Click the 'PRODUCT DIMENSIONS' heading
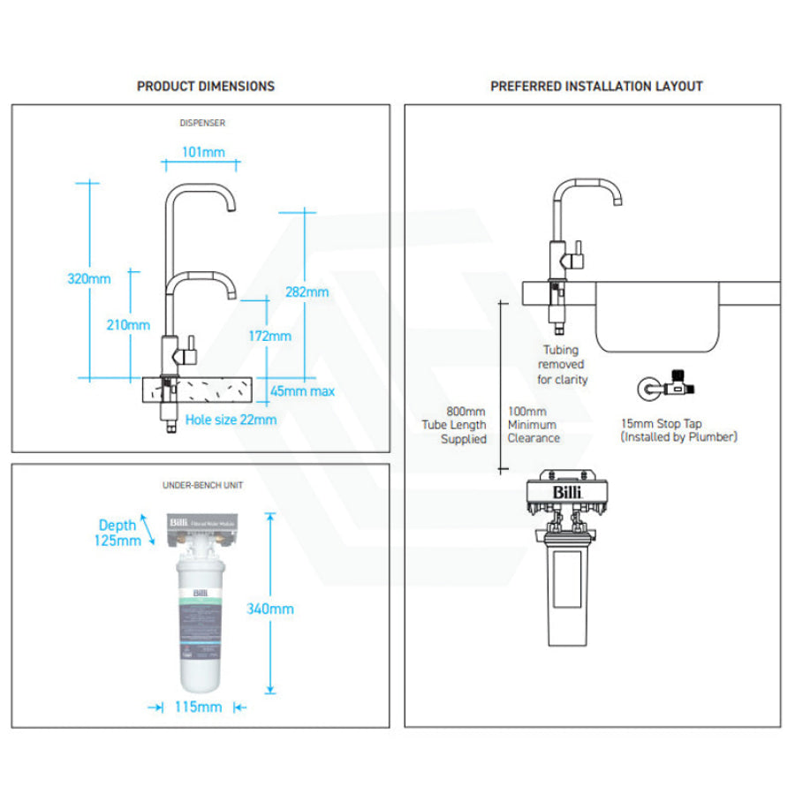205,86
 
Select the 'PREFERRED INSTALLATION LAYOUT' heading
596,86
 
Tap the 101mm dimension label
202,152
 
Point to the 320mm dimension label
89,279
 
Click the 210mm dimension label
128,324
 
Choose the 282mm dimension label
307,291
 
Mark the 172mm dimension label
269,336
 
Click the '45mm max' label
302,391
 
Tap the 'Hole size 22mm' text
231,420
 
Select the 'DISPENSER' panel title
201,124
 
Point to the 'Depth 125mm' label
118,533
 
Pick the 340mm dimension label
271,609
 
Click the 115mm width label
198,706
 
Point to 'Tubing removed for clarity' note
563,365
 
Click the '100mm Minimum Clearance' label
533,425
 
